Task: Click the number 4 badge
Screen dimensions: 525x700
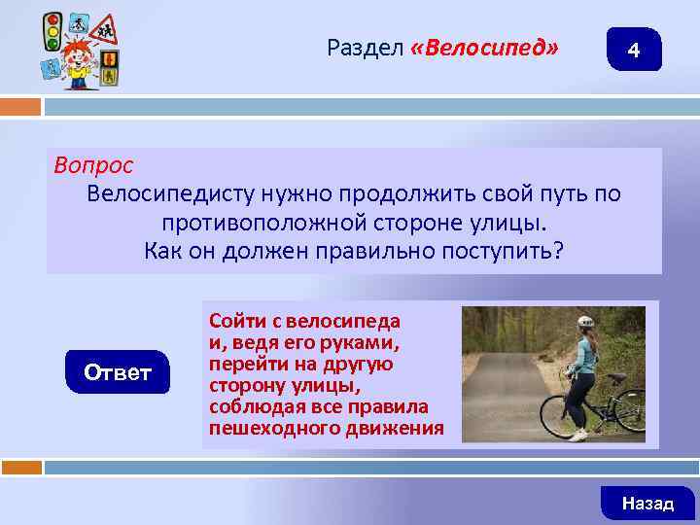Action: pyautogui.click(x=634, y=50)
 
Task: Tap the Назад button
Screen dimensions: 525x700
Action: pyautogui.click(x=647, y=503)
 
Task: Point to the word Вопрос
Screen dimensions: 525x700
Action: pyautogui.click(x=93, y=165)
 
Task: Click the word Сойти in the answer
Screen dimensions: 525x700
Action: pyautogui.click(x=234, y=320)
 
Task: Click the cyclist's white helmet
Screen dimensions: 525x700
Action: pyautogui.click(x=585, y=322)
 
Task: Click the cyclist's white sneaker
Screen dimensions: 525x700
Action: pyautogui.click(x=577, y=435)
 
